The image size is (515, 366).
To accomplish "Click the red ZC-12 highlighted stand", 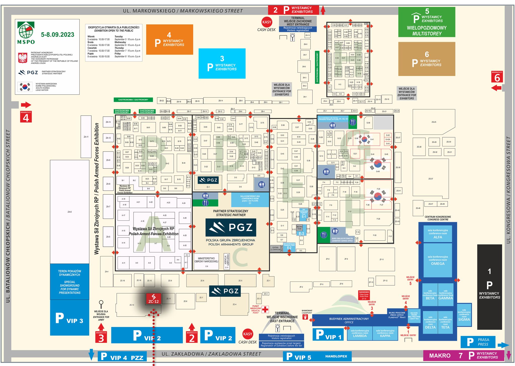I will [x=153, y=299].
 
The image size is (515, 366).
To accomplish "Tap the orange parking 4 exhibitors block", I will [x=169, y=39].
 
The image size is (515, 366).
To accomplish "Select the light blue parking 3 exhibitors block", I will [x=222, y=64].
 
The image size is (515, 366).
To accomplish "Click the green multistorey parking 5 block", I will [x=426, y=22].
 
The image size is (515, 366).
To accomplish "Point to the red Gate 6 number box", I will [x=497, y=77].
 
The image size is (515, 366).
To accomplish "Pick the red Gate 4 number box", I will [x=26, y=117].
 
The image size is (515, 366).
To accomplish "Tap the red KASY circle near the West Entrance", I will [x=267, y=22].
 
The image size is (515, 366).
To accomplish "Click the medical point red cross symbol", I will [x=265, y=309].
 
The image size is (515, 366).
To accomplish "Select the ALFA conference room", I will [x=438, y=234].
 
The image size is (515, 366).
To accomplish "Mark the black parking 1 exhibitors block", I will [x=489, y=287].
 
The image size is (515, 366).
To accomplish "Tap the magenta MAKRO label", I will [x=440, y=356].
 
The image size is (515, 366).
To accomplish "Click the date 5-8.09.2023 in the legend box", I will [x=58, y=35].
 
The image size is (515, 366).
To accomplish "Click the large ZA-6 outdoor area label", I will [x=69, y=212].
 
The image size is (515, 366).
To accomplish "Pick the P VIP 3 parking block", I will [x=69, y=318].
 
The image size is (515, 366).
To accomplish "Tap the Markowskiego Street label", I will [x=183, y=11].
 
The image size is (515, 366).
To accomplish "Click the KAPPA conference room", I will [x=385, y=334].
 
